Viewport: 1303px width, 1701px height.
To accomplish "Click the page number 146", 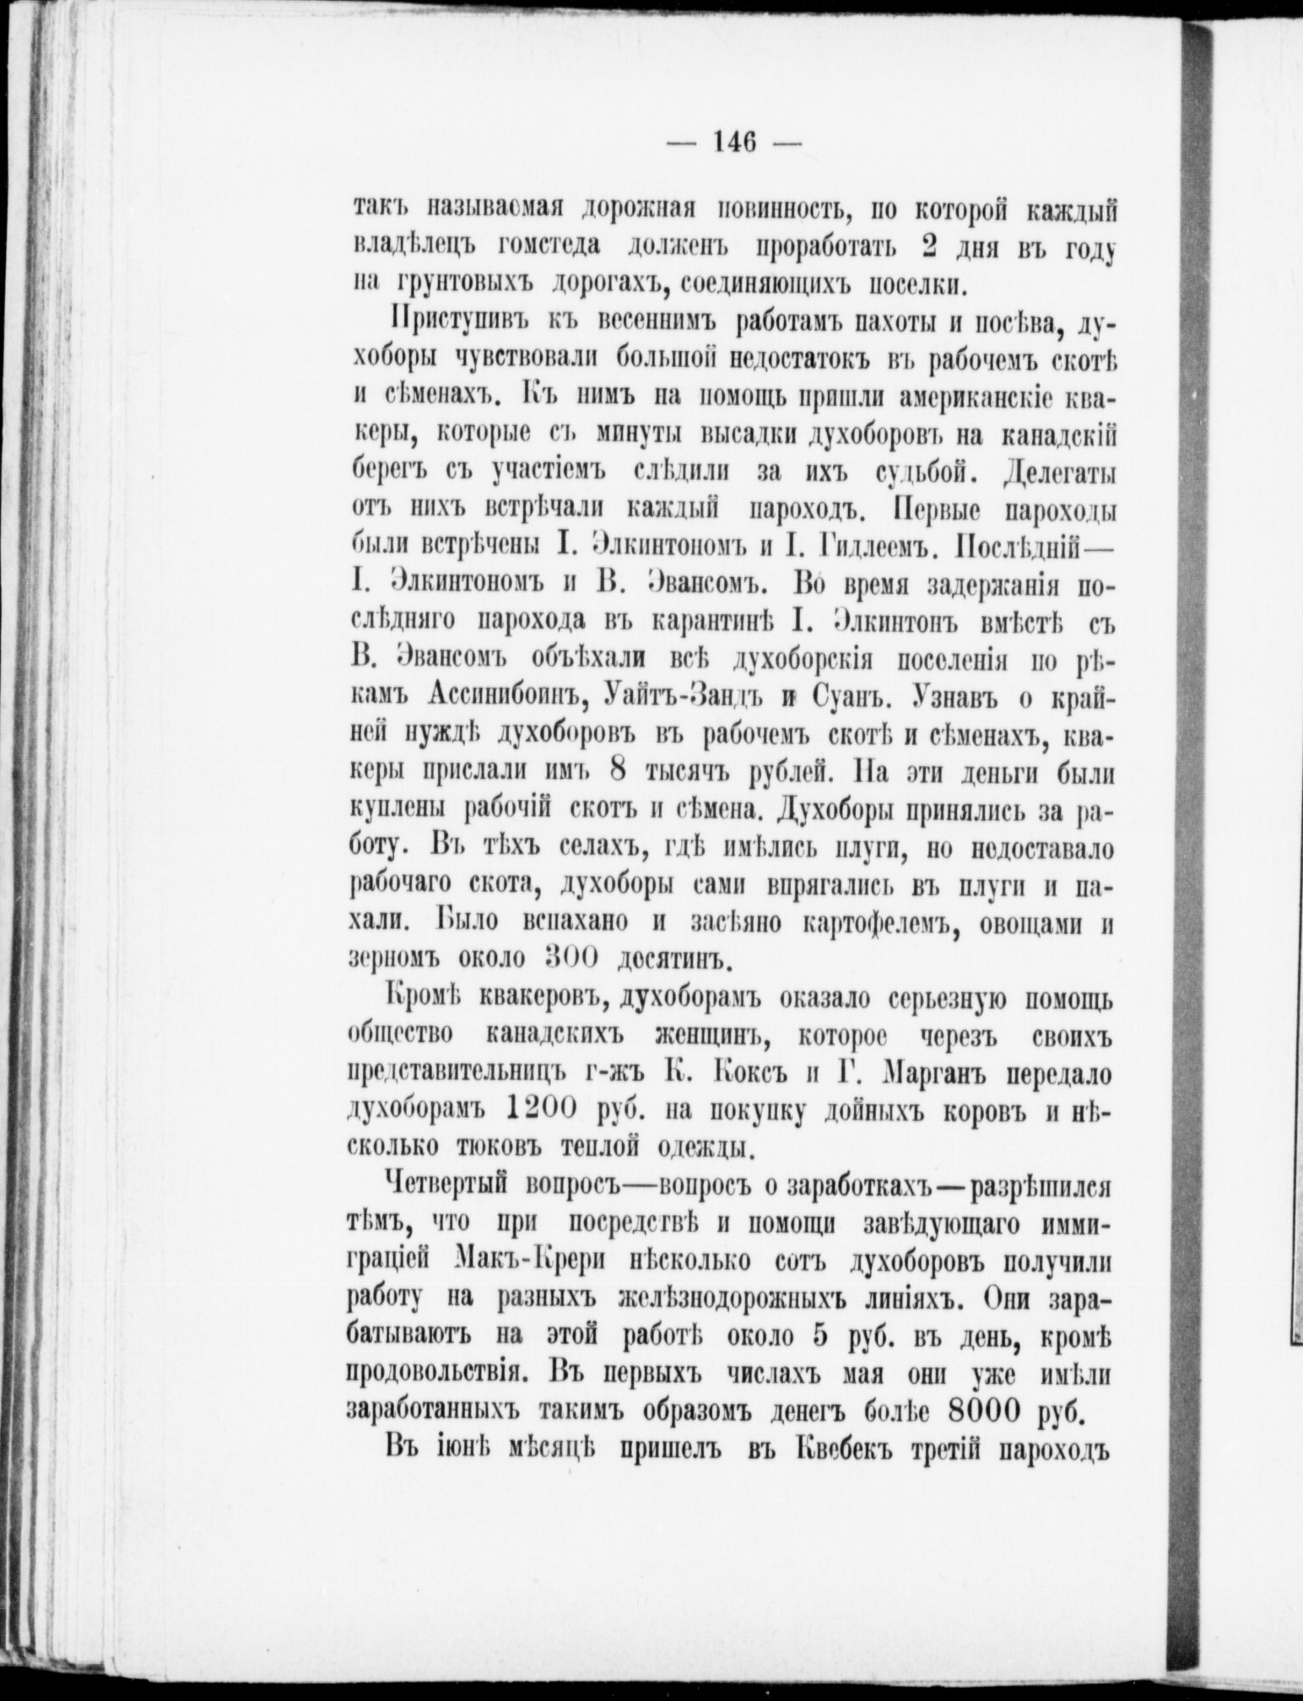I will pyautogui.click(x=733, y=142).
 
